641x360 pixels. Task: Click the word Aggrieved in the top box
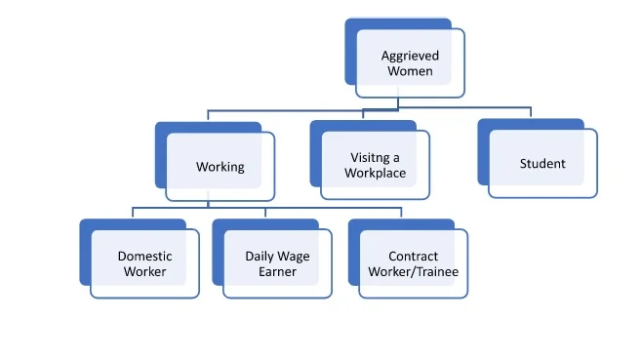(x=409, y=56)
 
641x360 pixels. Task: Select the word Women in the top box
(x=409, y=71)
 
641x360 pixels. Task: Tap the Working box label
(x=220, y=167)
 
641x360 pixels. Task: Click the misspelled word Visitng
(x=369, y=158)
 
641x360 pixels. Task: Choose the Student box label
(x=542, y=163)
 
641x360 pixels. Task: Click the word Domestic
(x=144, y=257)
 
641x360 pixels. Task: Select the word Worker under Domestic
(x=144, y=271)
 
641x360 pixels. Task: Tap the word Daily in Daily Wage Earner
(x=260, y=257)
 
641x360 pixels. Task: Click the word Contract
(x=413, y=257)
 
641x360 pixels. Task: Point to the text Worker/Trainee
(x=413, y=271)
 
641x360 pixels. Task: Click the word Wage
(x=297, y=257)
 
